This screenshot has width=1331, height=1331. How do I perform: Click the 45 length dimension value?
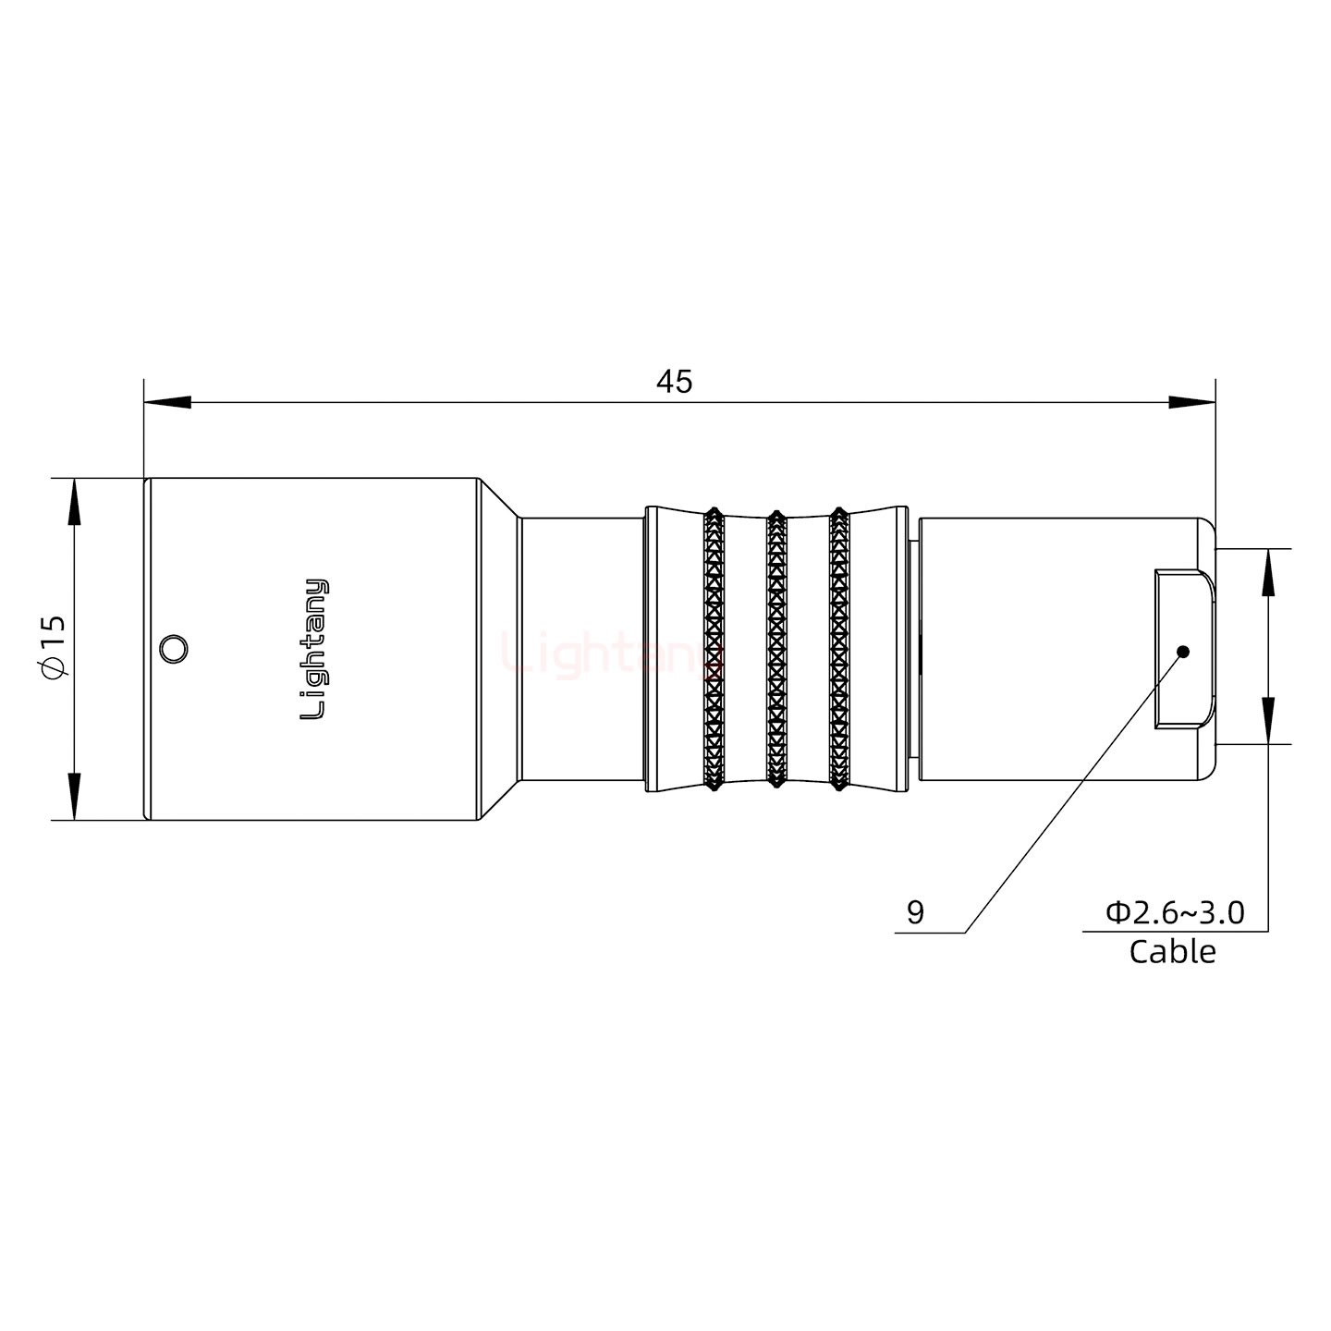click(x=674, y=381)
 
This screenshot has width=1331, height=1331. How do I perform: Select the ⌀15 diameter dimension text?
click(x=54, y=647)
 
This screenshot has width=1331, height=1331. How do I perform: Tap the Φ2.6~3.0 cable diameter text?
click(x=1175, y=912)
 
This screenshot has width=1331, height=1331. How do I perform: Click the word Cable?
click(x=1172, y=951)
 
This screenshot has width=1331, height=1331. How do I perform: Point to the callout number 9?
click(x=915, y=912)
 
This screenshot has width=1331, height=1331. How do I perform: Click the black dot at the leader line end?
click(x=1182, y=652)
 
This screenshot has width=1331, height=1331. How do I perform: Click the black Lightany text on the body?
click(x=314, y=649)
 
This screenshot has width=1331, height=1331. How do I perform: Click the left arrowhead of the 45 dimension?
click(x=167, y=403)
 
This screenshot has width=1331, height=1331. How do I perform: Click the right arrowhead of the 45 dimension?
click(x=1191, y=403)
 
